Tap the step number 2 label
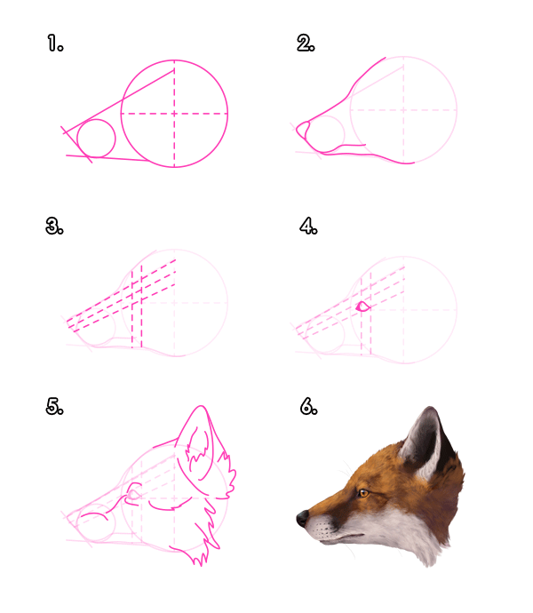306,43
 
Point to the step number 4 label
308,227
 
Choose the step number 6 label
308,407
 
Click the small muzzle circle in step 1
96,139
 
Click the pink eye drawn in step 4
362,306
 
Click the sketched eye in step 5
135,490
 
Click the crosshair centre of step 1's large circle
174,113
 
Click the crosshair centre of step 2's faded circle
403,110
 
